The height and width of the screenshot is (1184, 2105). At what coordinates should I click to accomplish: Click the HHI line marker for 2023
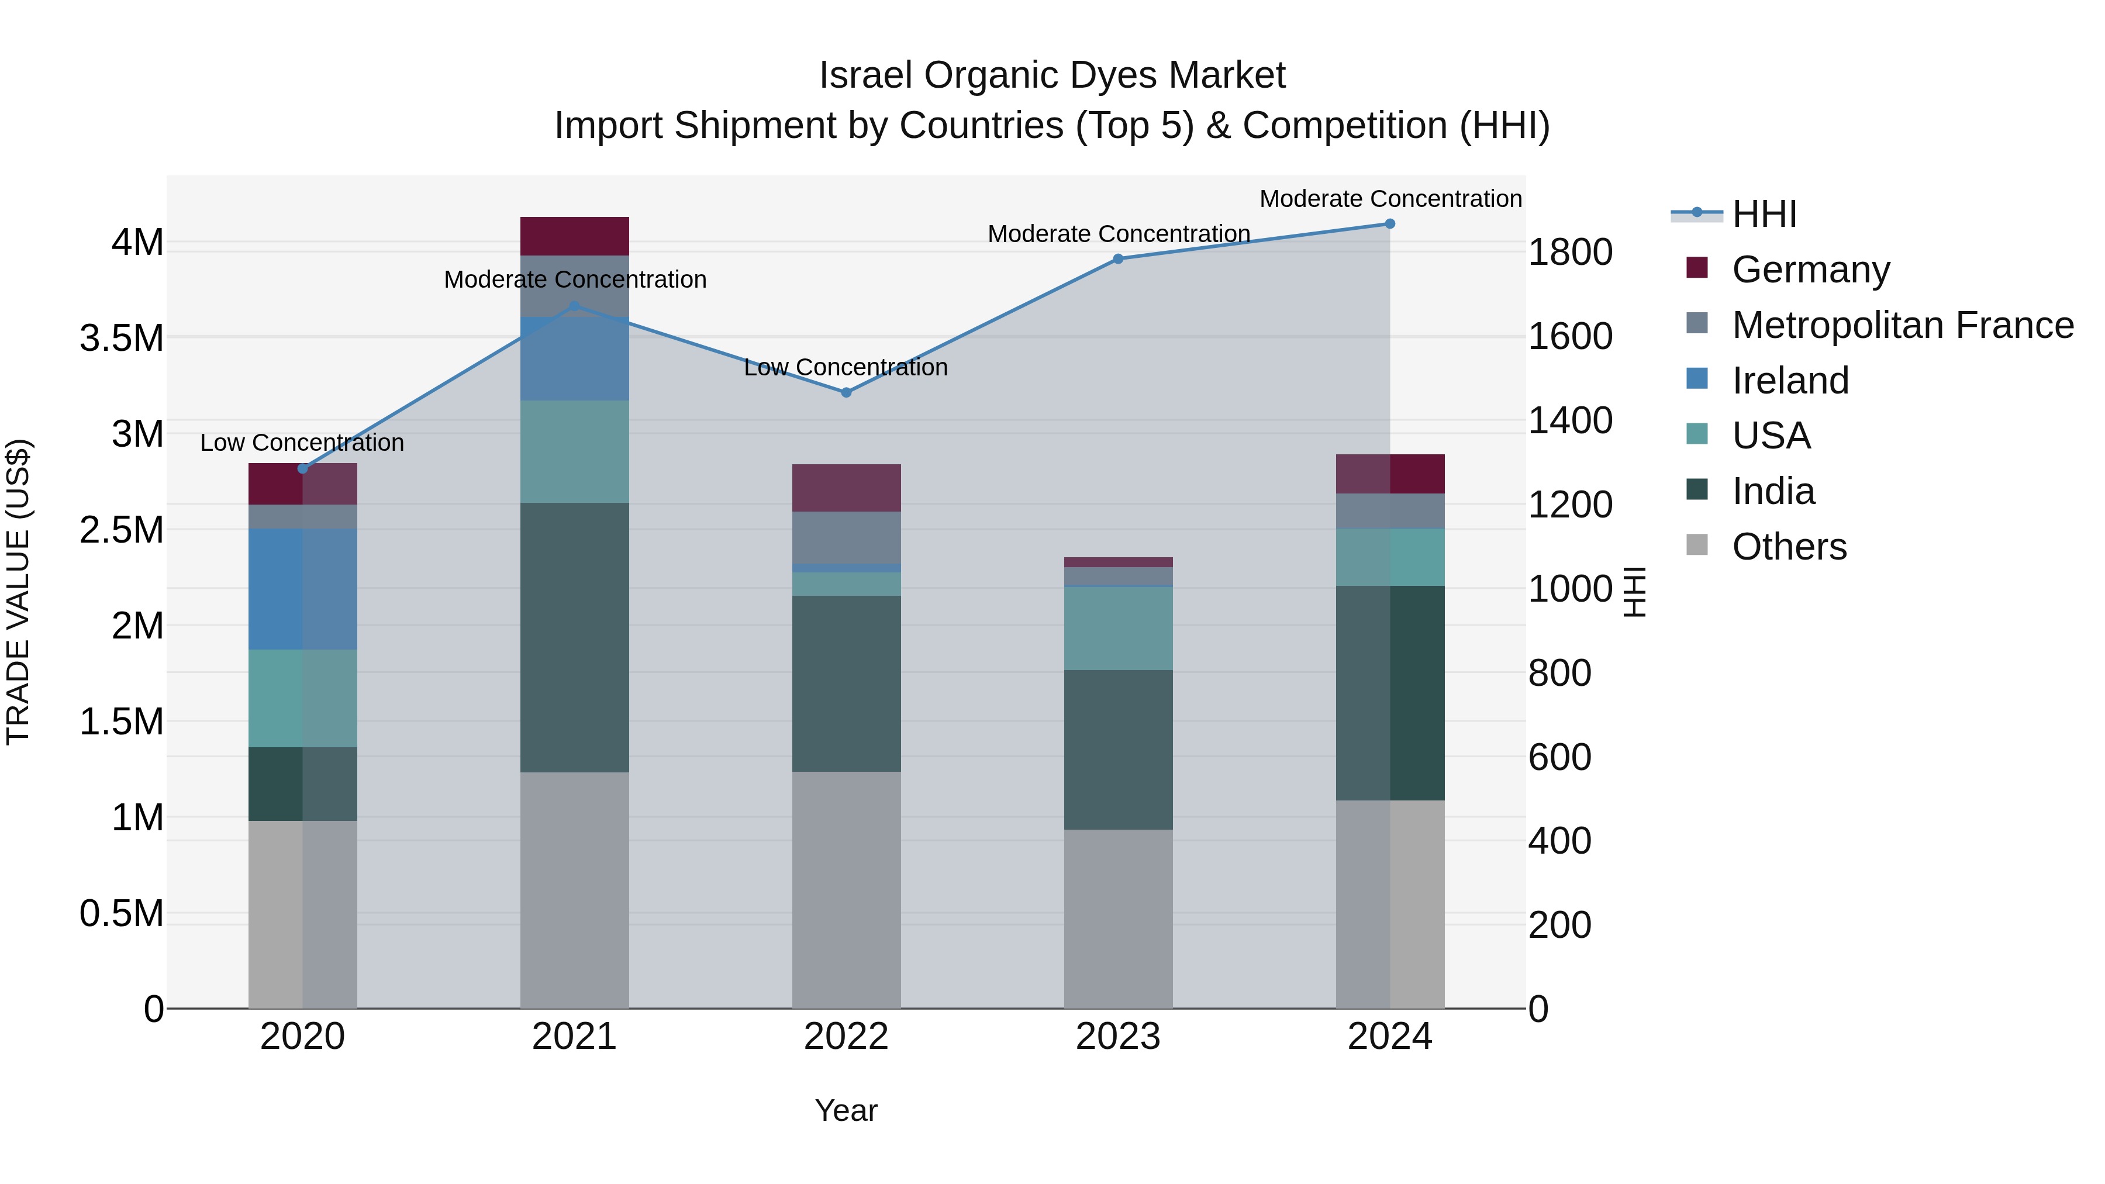pos(1118,259)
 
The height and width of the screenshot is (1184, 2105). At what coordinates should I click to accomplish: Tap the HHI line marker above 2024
pos(1390,224)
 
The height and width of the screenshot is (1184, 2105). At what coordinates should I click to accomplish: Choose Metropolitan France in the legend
pos(1902,325)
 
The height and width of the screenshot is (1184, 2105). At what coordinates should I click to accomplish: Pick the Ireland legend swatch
pos(1697,380)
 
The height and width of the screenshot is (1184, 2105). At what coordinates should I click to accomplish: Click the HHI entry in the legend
pos(1764,214)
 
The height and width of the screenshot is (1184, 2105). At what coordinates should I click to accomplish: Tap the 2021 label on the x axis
pos(574,1037)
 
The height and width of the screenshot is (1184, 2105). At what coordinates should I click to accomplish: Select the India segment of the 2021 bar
pos(574,637)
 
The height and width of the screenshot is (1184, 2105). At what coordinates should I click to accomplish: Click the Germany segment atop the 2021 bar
pos(574,236)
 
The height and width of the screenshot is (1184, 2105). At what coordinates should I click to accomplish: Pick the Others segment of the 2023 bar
pos(1118,919)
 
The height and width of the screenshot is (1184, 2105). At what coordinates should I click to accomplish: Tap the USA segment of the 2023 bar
pos(1118,629)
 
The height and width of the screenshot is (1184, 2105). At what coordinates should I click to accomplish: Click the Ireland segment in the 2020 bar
pos(302,589)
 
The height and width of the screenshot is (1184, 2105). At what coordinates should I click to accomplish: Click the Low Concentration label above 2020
pos(302,443)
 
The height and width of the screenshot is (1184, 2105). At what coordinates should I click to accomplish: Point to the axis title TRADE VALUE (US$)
pos(18,592)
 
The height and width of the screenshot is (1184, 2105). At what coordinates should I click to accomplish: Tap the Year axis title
pos(846,1110)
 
